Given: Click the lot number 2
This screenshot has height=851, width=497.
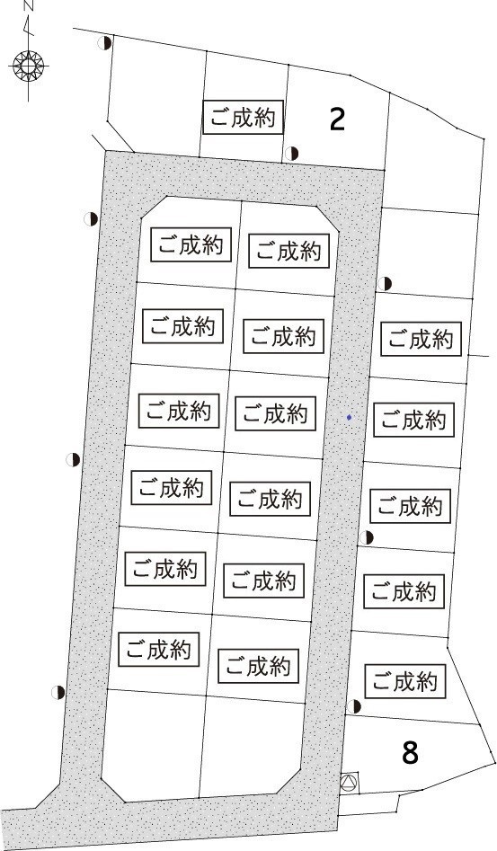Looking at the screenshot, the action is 337,120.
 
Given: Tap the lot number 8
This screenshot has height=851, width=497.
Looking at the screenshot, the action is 410,753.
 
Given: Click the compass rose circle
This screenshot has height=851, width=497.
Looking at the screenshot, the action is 28,66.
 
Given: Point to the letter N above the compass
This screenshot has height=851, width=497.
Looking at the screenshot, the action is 29,6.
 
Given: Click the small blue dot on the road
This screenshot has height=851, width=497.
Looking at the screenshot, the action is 349,417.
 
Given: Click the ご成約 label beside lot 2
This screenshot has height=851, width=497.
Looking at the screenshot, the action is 243,117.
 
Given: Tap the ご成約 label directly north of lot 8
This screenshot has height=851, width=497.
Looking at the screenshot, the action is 404,680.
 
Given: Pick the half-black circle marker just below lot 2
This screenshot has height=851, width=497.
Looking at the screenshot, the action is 291,154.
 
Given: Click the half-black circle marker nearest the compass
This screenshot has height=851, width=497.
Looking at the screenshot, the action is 104,43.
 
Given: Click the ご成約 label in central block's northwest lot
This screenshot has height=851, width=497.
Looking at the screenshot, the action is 191,244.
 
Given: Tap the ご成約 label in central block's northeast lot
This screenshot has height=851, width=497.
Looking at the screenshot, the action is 288,251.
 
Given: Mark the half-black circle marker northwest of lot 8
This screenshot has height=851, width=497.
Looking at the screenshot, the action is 354,706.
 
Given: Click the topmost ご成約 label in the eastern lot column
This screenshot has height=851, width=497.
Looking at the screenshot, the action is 421,339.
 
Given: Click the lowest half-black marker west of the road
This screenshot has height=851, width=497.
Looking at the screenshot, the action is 58,693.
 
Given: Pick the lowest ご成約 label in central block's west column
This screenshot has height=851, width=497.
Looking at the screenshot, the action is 159,650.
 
